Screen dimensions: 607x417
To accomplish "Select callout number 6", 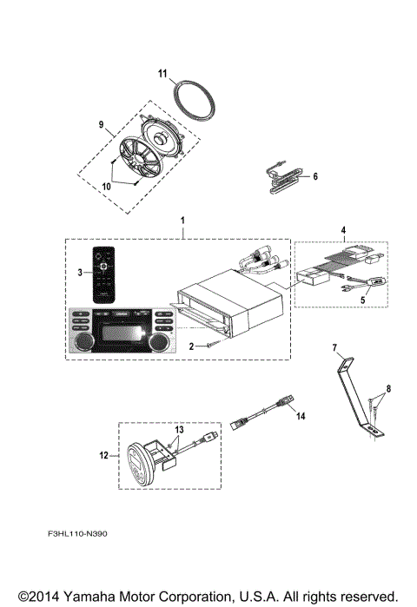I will click(x=316, y=176).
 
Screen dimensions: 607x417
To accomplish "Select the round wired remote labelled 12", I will click(x=142, y=458).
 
